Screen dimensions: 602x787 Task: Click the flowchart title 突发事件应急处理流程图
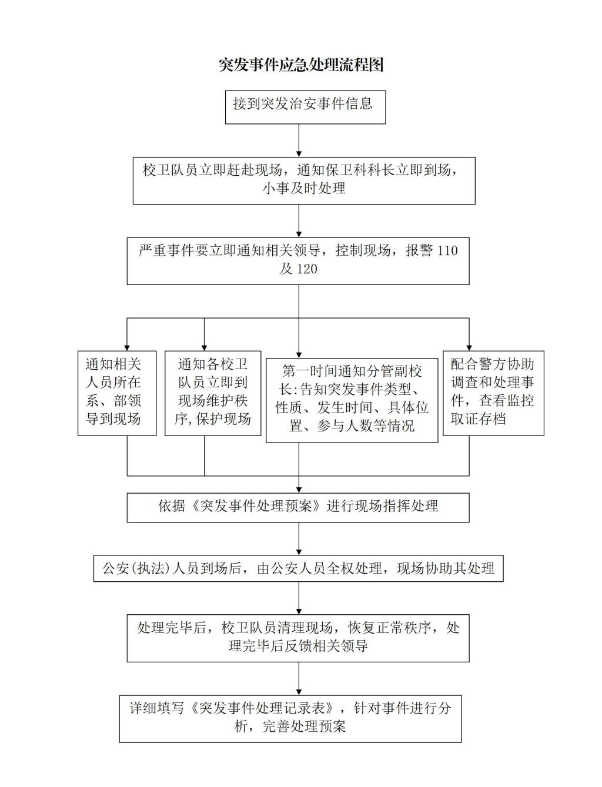(301, 65)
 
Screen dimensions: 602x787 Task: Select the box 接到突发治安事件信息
(305, 107)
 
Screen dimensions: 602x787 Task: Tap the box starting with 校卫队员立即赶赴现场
(304, 180)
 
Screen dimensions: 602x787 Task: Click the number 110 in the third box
(447, 250)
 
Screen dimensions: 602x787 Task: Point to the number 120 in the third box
(307, 269)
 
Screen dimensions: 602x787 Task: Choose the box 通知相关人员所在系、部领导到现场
(117, 393)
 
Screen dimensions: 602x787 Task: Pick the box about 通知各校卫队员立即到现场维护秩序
(213, 393)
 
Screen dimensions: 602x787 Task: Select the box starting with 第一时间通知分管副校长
(352, 400)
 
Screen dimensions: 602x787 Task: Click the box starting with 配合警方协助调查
(493, 393)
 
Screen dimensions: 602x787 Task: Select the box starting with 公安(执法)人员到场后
(298, 568)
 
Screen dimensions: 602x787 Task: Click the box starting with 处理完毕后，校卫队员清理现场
(298, 638)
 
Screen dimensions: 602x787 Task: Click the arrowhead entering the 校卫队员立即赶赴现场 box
(299, 154)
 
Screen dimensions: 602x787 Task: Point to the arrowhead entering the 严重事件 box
(299, 235)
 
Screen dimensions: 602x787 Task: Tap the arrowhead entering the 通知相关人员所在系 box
(127, 348)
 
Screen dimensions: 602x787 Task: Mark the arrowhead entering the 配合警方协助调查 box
(469, 348)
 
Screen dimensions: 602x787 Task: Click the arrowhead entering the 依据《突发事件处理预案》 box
(299, 490)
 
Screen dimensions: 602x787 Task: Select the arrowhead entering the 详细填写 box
(299, 692)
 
